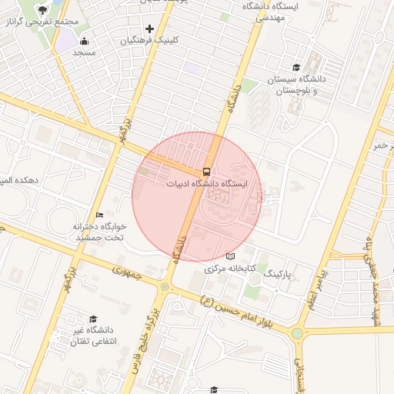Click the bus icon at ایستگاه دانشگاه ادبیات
coord(206,171)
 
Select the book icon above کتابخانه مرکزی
coord(230,256)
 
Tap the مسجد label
coord(83,53)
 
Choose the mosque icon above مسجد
coord(83,42)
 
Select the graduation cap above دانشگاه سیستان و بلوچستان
coord(295,68)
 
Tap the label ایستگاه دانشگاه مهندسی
coord(265,11)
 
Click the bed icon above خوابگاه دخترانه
coord(98,215)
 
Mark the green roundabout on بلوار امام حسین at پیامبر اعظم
coord(297,333)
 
